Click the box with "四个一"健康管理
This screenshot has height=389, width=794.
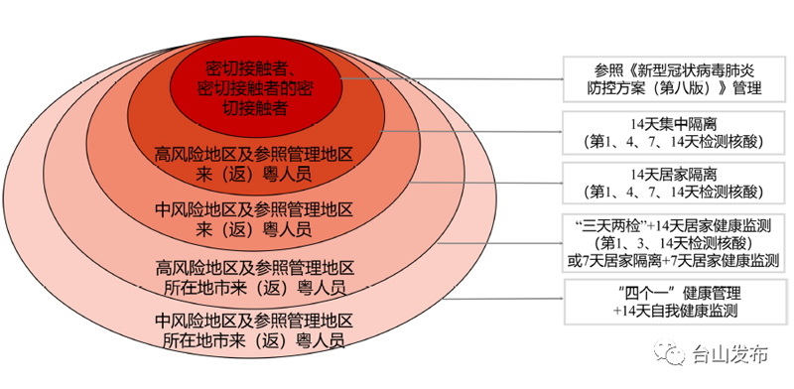point(675,302)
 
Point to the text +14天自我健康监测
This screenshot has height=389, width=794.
point(675,311)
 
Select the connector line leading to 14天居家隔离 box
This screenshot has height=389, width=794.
point(486,182)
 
